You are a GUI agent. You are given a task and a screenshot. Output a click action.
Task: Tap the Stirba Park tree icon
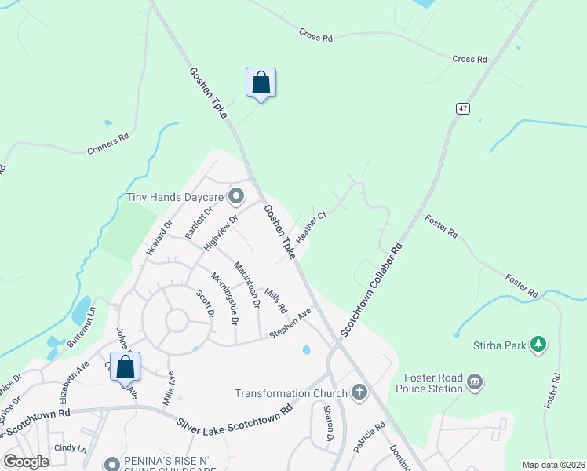click(538, 344)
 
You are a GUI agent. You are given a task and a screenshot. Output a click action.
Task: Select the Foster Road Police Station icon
click(474, 382)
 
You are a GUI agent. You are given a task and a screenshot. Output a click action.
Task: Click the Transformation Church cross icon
click(359, 392)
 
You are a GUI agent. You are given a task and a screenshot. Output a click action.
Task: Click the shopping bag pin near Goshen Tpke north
click(261, 83)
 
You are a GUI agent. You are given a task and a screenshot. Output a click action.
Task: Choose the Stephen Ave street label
click(290, 323)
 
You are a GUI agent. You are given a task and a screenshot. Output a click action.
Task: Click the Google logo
click(26, 462)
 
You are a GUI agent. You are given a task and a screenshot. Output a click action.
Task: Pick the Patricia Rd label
click(368, 438)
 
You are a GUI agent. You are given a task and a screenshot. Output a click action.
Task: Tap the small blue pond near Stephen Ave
click(306, 349)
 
